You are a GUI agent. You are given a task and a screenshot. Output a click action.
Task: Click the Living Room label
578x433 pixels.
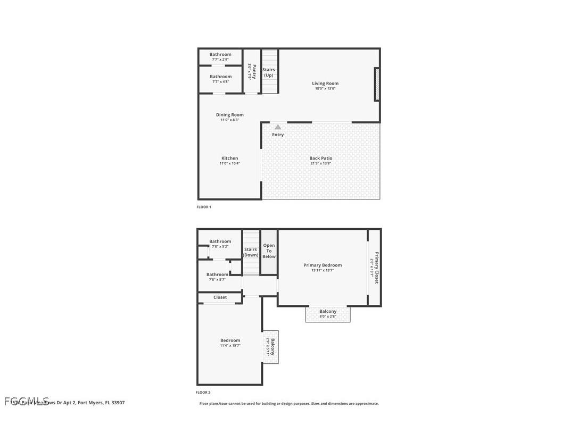click(x=325, y=84)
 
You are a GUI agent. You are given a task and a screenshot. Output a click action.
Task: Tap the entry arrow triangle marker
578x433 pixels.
click(x=278, y=127)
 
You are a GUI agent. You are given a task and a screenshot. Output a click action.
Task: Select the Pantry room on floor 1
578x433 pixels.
click(x=252, y=71)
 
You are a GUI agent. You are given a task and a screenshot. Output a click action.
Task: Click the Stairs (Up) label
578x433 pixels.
click(x=269, y=72)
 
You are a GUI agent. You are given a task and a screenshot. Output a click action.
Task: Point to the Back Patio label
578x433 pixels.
click(x=320, y=158)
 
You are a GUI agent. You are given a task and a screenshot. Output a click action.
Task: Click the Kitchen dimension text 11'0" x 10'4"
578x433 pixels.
click(x=229, y=164)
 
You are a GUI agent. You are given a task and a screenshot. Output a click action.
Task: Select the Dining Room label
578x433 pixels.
click(x=229, y=115)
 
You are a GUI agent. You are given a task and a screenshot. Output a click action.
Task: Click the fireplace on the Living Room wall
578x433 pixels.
click(x=377, y=84)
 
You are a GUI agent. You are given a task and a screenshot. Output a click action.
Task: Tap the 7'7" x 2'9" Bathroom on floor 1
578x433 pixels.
click(x=220, y=56)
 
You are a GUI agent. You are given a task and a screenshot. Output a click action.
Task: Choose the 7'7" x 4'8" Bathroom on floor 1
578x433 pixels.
click(x=220, y=79)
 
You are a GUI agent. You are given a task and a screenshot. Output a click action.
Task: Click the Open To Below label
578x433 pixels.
click(x=269, y=251)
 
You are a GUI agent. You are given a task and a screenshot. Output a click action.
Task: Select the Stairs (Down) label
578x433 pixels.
click(x=251, y=252)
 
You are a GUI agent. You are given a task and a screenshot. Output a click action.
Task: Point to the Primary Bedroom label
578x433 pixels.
click(x=323, y=265)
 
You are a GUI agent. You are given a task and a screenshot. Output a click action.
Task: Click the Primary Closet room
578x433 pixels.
click(x=375, y=267)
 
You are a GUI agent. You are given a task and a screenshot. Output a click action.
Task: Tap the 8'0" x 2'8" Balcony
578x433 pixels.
click(x=328, y=314)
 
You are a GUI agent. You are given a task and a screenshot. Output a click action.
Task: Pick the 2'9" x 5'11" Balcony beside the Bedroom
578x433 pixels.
click(x=271, y=347)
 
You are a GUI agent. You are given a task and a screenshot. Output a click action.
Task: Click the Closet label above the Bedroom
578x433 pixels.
click(x=220, y=297)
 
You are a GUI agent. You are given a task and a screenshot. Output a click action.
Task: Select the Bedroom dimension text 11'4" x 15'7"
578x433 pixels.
click(x=230, y=346)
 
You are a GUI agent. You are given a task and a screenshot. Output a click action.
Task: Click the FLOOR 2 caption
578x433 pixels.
click(x=203, y=393)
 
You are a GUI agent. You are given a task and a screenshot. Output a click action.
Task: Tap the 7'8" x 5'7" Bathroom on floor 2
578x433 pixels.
click(x=217, y=277)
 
